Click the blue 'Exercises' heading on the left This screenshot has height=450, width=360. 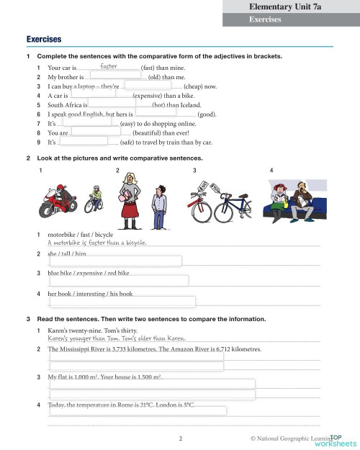(43, 38)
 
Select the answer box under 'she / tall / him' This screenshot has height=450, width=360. (115, 261)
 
